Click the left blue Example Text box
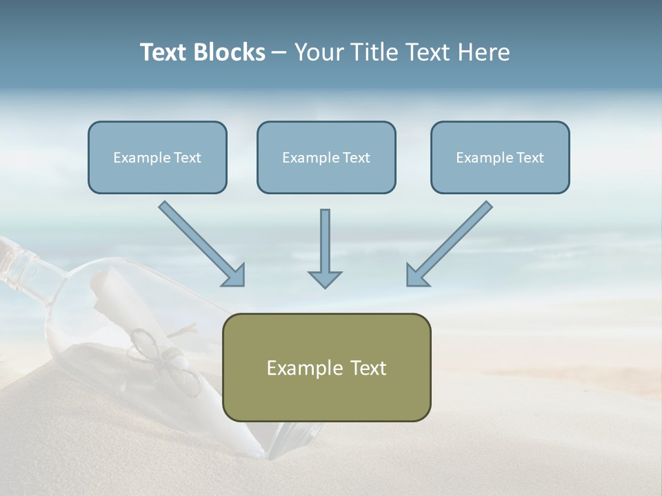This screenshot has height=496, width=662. pyautogui.click(x=157, y=157)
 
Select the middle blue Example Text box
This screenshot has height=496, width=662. pyautogui.click(x=326, y=157)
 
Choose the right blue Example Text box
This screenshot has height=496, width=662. pyautogui.click(x=500, y=157)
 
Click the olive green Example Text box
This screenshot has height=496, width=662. pyautogui.click(x=326, y=367)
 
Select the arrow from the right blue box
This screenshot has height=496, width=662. pyautogui.click(x=452, y=242)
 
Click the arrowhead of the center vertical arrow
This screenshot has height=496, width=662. pyautogui.click(x=325, y=278)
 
